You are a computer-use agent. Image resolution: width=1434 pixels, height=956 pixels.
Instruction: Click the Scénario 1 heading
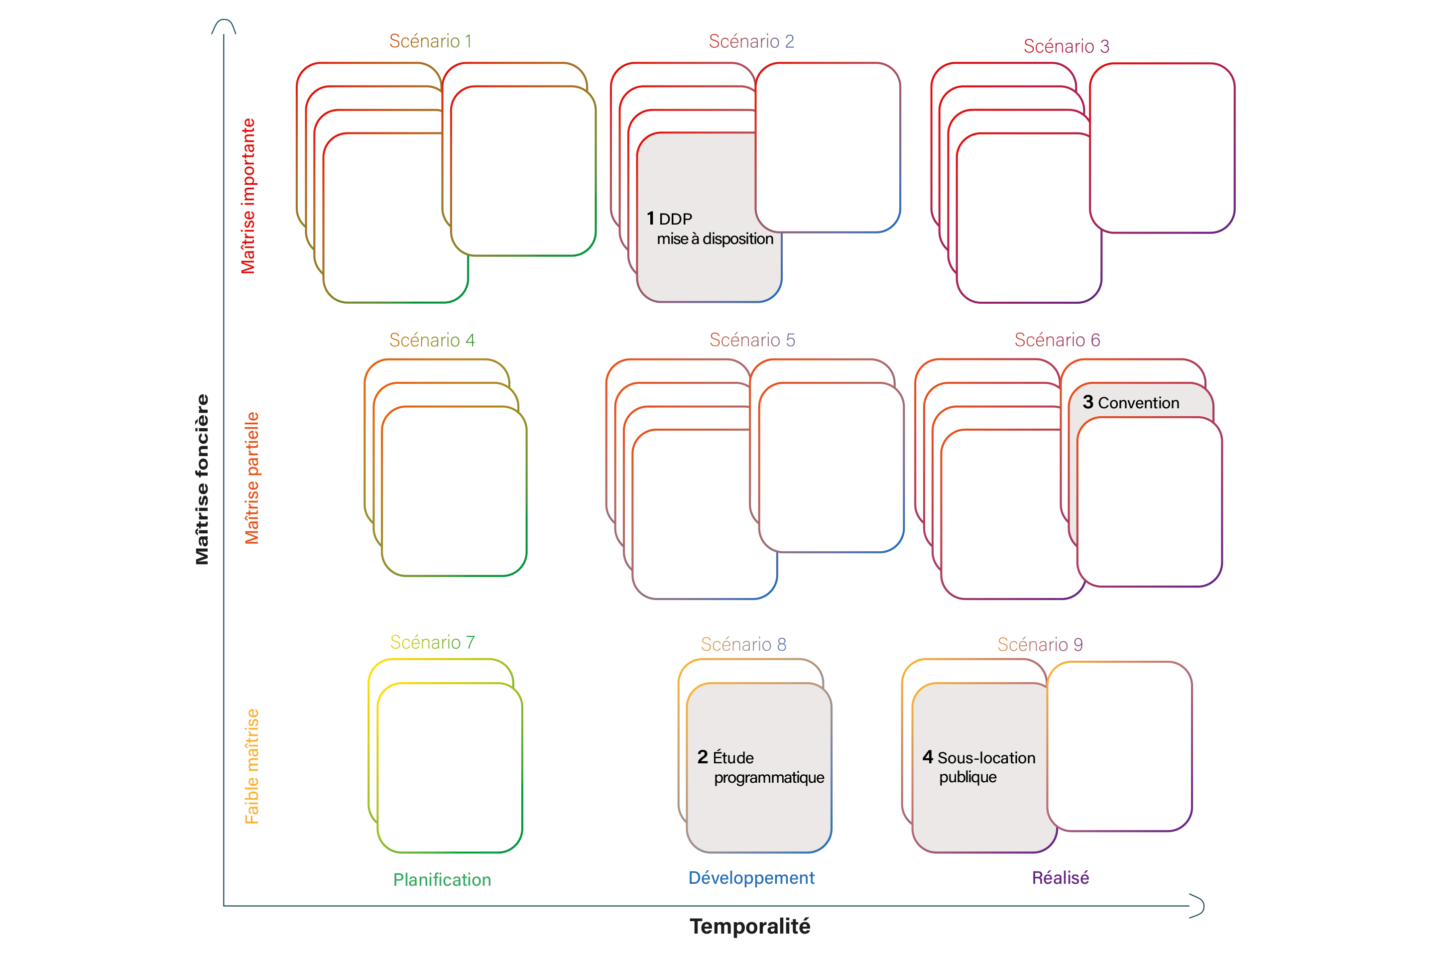pos(430,41)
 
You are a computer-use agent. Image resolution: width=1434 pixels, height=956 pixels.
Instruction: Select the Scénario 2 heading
pos(751,41)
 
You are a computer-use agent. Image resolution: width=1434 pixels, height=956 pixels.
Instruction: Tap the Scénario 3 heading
pos(1067,46)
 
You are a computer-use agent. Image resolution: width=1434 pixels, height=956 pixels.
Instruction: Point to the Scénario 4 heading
pos(432,340)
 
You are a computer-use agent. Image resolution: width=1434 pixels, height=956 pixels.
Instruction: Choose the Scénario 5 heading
pos(752,340)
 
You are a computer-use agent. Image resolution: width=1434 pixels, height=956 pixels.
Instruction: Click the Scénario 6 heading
pos(1057,340)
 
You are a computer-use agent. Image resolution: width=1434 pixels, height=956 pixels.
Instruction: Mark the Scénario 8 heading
pos(743,644)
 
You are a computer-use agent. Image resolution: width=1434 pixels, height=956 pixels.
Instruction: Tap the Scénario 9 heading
pos(1040,644)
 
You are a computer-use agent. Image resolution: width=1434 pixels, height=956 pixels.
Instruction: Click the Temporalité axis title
pos(750,926)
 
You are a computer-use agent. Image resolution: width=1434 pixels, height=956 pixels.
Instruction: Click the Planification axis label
pos(442,880)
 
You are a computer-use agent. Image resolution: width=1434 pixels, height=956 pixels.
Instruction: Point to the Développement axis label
pos(751,878)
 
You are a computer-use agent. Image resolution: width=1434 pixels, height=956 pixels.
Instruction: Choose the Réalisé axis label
pos(1060,878)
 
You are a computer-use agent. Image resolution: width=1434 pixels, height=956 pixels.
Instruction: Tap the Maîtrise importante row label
pos(248,196)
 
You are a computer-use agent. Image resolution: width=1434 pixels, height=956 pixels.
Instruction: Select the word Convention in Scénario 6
pos(1138,403)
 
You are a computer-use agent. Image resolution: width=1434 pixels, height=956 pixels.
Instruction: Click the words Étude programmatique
pos(762,768)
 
